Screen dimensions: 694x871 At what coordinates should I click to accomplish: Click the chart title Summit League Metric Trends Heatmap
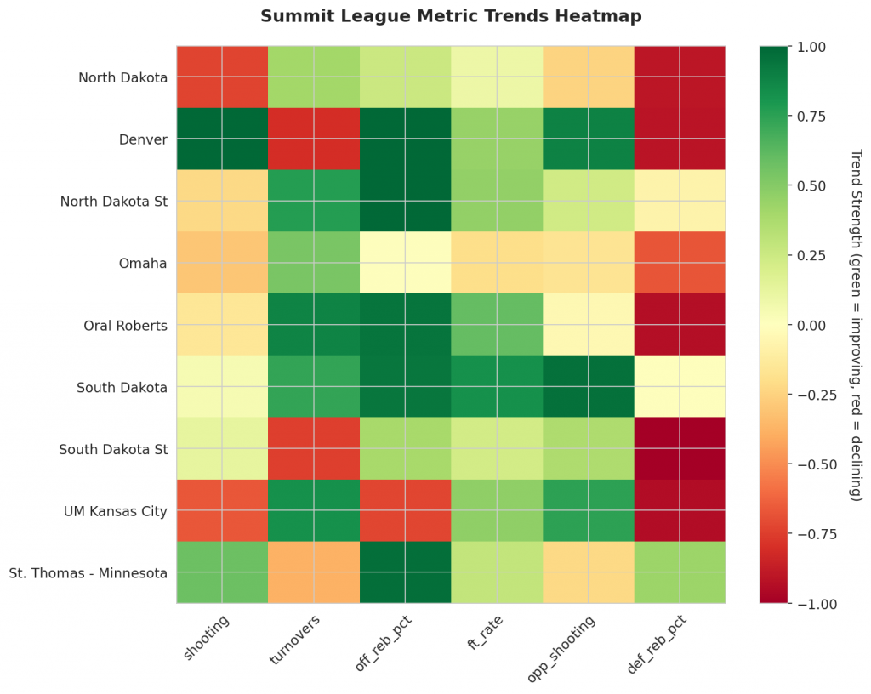point(451,16)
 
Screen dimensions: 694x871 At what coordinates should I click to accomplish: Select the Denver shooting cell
point(222,139)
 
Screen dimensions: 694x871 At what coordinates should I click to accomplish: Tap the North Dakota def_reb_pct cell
point(680,77)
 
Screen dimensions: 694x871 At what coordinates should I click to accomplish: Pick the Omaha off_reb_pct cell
point(406,262)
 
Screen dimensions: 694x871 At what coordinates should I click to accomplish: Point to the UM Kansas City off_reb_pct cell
point(406,510)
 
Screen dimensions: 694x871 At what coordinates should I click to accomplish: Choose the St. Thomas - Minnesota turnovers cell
point(314,572)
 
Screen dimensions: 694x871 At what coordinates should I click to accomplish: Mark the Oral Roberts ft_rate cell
point(497,324)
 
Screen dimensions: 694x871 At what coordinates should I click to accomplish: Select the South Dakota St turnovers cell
point(314,448)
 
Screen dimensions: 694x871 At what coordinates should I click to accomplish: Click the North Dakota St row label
point(113,202)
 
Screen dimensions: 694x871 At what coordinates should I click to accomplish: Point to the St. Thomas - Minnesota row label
point(88,572)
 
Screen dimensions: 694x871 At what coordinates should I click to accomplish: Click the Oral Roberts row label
point(126,325)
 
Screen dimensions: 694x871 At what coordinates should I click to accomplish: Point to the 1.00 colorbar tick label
point(809,46)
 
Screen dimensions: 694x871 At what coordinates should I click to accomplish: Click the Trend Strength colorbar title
point(855,324)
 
